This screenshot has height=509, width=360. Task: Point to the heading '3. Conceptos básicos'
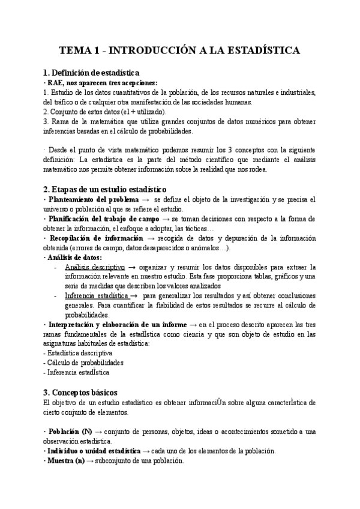click(81, 392)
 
